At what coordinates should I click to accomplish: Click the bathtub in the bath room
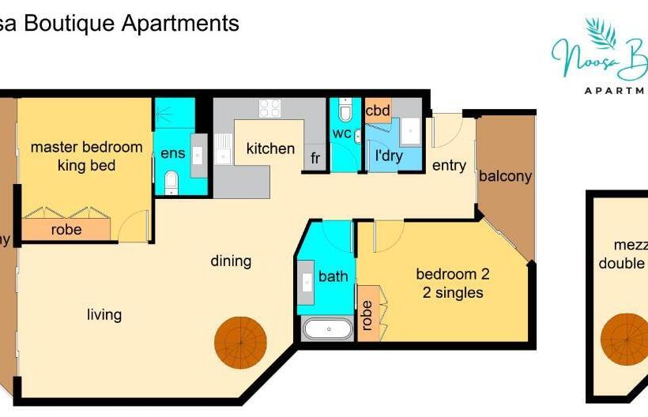(327, 329)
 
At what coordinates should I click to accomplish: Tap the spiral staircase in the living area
(241, 344)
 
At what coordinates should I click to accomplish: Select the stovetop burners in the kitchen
(269, 108)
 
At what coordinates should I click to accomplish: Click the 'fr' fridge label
(315, 158)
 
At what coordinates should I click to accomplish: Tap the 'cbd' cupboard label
(378, 111)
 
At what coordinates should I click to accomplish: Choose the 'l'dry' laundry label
(388, 155)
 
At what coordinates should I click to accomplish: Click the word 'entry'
(449, 166)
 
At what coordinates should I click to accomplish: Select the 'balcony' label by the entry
(505, 176)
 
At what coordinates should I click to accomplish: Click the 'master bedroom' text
(86, 147)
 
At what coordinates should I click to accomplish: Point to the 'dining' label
(231, 261)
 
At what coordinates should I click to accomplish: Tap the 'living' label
(104, 314)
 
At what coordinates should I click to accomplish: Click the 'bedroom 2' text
(453, 275)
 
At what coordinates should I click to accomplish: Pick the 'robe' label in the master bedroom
(66, 230)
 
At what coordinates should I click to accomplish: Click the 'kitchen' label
(270, 148)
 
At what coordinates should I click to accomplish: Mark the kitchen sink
(224, 151)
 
